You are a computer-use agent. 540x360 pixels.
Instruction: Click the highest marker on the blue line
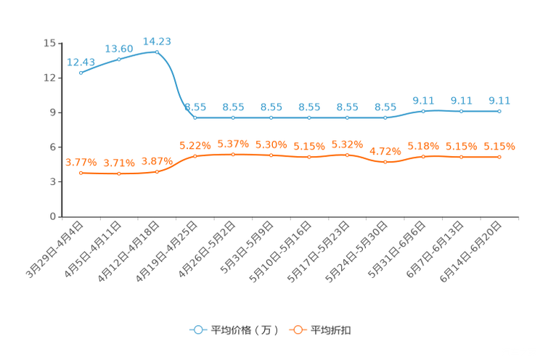[157, 52]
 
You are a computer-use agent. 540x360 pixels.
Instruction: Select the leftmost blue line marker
[81, 73]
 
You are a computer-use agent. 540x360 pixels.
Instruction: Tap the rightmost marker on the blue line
[499, 111]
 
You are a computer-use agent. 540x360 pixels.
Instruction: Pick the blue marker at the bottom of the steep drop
[195, 118]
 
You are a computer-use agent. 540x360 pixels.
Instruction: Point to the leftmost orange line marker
[81, 173]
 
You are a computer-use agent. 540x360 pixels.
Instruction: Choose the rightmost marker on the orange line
[499, 157]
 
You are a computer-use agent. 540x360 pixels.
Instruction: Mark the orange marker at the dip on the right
[385, 162]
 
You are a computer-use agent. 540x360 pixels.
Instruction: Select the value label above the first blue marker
[81, 62]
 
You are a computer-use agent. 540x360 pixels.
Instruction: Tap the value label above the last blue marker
[499, 100]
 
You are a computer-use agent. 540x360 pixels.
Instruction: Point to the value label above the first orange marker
[81, 162]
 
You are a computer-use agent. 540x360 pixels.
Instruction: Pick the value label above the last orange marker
[499, 146]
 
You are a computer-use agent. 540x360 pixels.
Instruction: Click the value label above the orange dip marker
[385, 151]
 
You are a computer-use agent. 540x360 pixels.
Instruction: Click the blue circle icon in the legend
[197, 330]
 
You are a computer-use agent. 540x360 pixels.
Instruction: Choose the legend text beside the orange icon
[331, 330]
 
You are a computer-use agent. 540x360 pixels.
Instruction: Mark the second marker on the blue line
[119, 60]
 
